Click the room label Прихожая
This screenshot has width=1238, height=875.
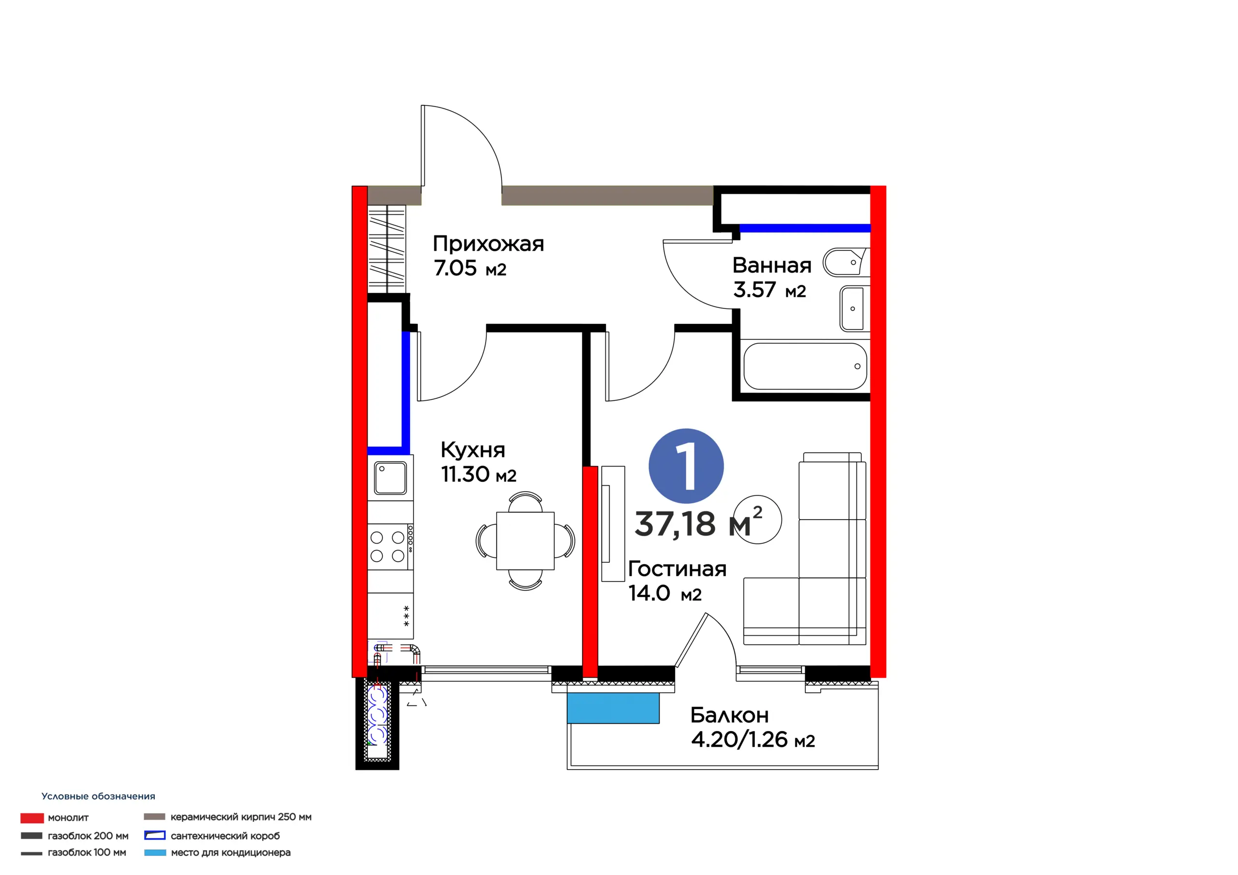click(x=488, y=244)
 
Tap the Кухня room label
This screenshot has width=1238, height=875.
click(x=473, y=450)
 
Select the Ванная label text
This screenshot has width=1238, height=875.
click(x=772, y=265)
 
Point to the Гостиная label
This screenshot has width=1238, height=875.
click(x=677, y=569)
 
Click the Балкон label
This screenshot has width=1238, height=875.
click(x=730, y=715)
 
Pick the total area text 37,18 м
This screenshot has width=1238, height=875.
click(x=693, y=524)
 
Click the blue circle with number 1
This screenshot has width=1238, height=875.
click(x=686, y=467)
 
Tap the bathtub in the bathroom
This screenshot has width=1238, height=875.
click(x=805, y=366)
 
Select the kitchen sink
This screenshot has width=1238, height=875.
click(x=390, y=478)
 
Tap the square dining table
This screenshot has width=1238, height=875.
click(x=525, y=541)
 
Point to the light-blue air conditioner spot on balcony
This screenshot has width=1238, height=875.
click(x=613, y=708)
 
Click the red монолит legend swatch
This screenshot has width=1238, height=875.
click(x=32, y=818)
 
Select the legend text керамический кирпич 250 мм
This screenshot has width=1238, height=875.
click(x=241, y=817)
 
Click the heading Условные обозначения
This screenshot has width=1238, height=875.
click(x=98, y=796)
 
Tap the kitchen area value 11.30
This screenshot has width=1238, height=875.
click(x=465, y=474)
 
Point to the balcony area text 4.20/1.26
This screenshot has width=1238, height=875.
click(x=739, y=740)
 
